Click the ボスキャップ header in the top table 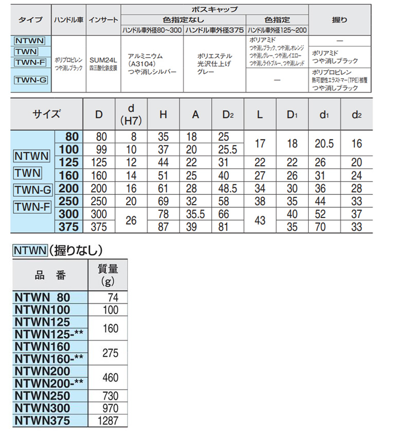214,9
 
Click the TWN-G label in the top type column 30,80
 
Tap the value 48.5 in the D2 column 226,189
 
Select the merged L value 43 259,220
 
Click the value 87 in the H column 163,227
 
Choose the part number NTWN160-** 46,358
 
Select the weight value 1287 107,421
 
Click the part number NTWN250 41,396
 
